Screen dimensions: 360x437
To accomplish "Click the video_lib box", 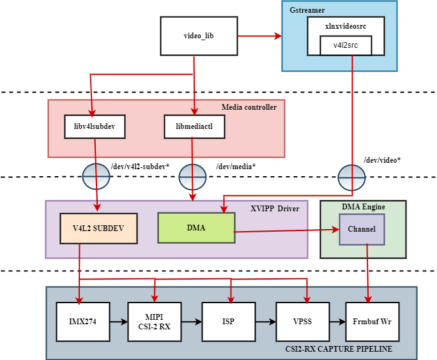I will tap(199, 35).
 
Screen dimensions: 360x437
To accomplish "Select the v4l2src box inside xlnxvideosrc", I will tap(345, 45).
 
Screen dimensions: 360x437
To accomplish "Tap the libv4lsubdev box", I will tap(95, 126).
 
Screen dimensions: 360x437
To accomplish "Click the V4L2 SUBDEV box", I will tap(98, 228).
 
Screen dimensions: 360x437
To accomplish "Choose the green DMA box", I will tap(196, 228).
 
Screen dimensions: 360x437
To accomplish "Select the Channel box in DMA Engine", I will tap(362, 229).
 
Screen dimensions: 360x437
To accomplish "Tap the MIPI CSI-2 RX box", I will tap(154, 321).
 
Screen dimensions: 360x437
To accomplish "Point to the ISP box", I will tap(228, 321).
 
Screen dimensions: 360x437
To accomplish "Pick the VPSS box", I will tap(302, 321).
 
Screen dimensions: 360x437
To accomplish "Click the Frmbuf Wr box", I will tap(372, 321).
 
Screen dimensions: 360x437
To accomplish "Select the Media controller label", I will tap(249, 107).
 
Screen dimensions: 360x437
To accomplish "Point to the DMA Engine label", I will tap(363, 207).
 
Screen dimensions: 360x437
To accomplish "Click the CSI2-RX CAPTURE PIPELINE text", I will tap(339, 349).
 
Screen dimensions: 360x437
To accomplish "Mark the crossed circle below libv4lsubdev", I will tap(96, 176).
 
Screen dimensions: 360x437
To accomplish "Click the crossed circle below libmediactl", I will tap(192, 177).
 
